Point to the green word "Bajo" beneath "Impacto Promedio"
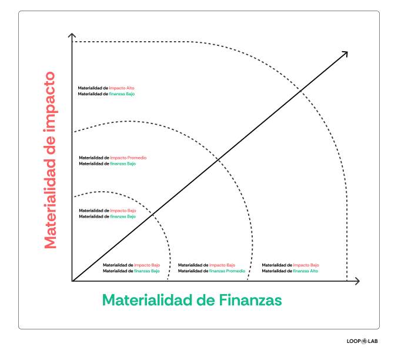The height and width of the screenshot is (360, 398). (x=130, y=164)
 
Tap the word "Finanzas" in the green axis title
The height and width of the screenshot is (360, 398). (x=251, y=301)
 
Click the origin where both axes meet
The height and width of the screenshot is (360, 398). (x=72, y=281)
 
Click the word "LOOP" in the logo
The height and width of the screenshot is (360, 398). (x=353, y=341)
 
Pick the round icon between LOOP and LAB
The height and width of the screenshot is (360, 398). (x=363, y=341)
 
